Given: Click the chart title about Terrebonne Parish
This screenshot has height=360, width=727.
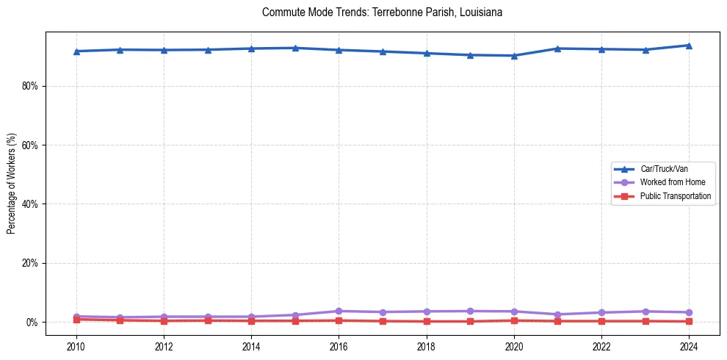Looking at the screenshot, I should click(382, 12).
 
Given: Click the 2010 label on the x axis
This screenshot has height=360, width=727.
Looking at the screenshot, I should click(76, 346).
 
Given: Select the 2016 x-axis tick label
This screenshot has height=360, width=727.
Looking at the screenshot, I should click(339, 346).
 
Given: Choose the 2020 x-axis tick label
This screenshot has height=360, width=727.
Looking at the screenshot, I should click(514, 346).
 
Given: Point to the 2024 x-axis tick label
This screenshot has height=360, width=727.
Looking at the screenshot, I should click(689, 346).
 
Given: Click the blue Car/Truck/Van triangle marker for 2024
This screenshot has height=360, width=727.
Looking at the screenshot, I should click(689, 46).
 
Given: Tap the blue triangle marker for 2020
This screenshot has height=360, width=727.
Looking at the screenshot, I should click(514, 56).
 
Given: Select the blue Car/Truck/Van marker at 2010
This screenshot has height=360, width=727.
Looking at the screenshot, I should click(76, 51).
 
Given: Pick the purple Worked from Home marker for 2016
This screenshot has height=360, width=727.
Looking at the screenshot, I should click(339, 311).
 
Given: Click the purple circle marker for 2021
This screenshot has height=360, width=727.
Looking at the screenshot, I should click(557, 314).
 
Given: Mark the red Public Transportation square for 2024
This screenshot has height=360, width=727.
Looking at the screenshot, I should click(689, 321).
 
